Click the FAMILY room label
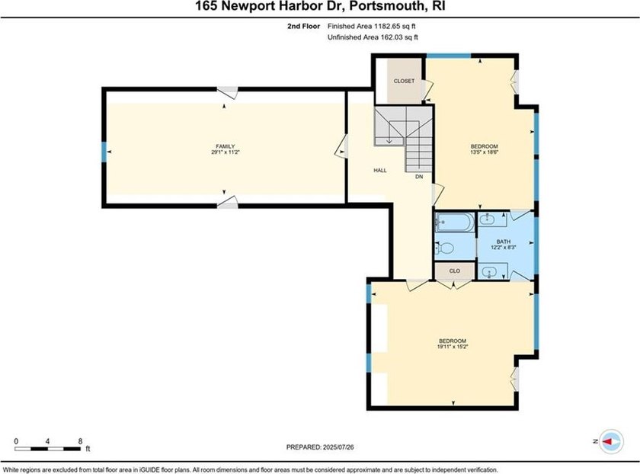tap(226, 146)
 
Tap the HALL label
tap(380, 170)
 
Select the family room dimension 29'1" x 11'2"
tap(226, 152)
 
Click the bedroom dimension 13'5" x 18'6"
tap(485, 152)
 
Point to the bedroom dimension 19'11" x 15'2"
tap(453, 347)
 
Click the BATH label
tap(504, 242)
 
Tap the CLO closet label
tap(455, 271)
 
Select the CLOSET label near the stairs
tap(404, 81)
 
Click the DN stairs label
tap(419, 177)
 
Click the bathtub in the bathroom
tap(455, 222)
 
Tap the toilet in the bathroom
tap(445, 248)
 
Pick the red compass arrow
tap(608, 441)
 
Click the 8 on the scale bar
tap(80, 441)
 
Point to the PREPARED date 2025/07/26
tap(338, 447)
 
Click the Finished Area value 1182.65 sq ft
tap(395, 26)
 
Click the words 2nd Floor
tap(304, 26)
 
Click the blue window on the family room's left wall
tap(104, 152)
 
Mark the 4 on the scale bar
tap(48, 441)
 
